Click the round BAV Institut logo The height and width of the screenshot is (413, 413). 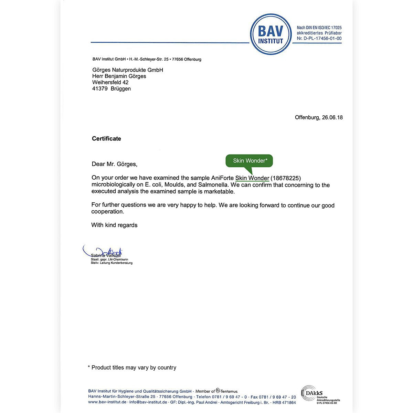tap(271, 34)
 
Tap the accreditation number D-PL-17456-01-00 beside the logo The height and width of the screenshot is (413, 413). tap(319, 39)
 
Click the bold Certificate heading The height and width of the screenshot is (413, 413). tap(106, 139)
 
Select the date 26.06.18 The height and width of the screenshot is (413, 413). tap(332, 117)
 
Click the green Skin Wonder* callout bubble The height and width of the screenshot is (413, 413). tap(250, 161)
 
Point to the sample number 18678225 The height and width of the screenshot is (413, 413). tap(286, 178)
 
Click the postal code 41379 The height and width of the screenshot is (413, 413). tap(100, 89)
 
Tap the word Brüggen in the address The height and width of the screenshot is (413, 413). tap(121, 89)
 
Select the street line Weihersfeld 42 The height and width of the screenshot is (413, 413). tap(110, 82)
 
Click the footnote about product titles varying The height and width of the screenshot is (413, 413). tap(132, 368)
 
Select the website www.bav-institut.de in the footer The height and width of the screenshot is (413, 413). tap(107, 402)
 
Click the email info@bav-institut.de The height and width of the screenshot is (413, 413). tap(148, 402)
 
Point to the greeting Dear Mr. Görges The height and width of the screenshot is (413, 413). tap(114, 164)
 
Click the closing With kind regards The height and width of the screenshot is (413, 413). tap(114, 225)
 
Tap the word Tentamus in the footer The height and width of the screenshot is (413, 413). tap(229, 391)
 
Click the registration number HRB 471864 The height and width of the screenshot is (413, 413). tap(284, 402)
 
